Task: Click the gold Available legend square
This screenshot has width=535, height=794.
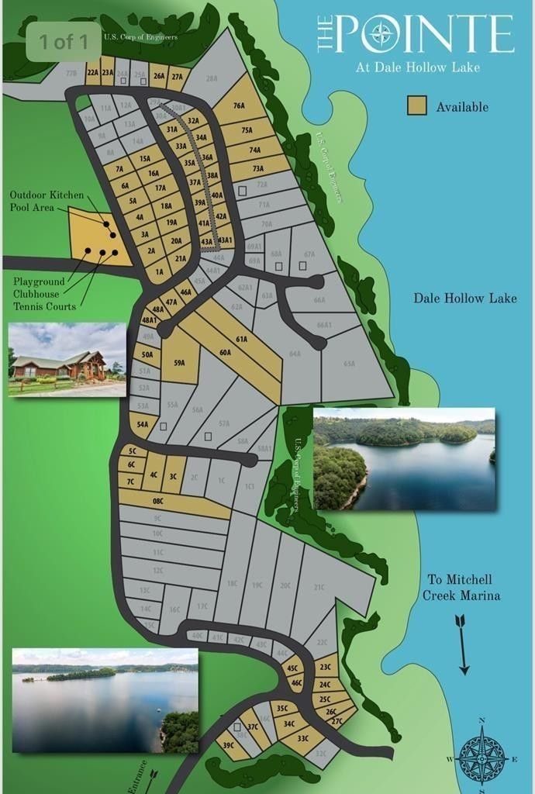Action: point(417,106)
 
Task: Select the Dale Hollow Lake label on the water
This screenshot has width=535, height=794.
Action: point(464,299)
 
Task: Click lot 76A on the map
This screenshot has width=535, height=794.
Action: point(239,106)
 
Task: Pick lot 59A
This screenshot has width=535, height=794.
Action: point(179,361)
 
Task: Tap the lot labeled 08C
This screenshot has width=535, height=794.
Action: point(157,502)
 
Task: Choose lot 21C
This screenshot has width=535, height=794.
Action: point(319,587)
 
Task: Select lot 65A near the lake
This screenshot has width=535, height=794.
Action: point(349,363)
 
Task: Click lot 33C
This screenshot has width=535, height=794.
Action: point(302,738)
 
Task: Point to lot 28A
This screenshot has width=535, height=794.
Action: point(212,78)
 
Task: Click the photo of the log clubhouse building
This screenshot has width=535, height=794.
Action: point(67,359)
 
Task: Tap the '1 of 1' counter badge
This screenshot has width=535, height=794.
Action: point(64,41)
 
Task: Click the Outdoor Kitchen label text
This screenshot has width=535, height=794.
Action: point(46,195)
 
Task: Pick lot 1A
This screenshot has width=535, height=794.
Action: point(160,271)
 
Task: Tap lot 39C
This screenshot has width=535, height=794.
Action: point(229,744)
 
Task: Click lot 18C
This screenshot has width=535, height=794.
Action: point(232,583)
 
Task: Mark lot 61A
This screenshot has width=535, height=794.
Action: point(241,339)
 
